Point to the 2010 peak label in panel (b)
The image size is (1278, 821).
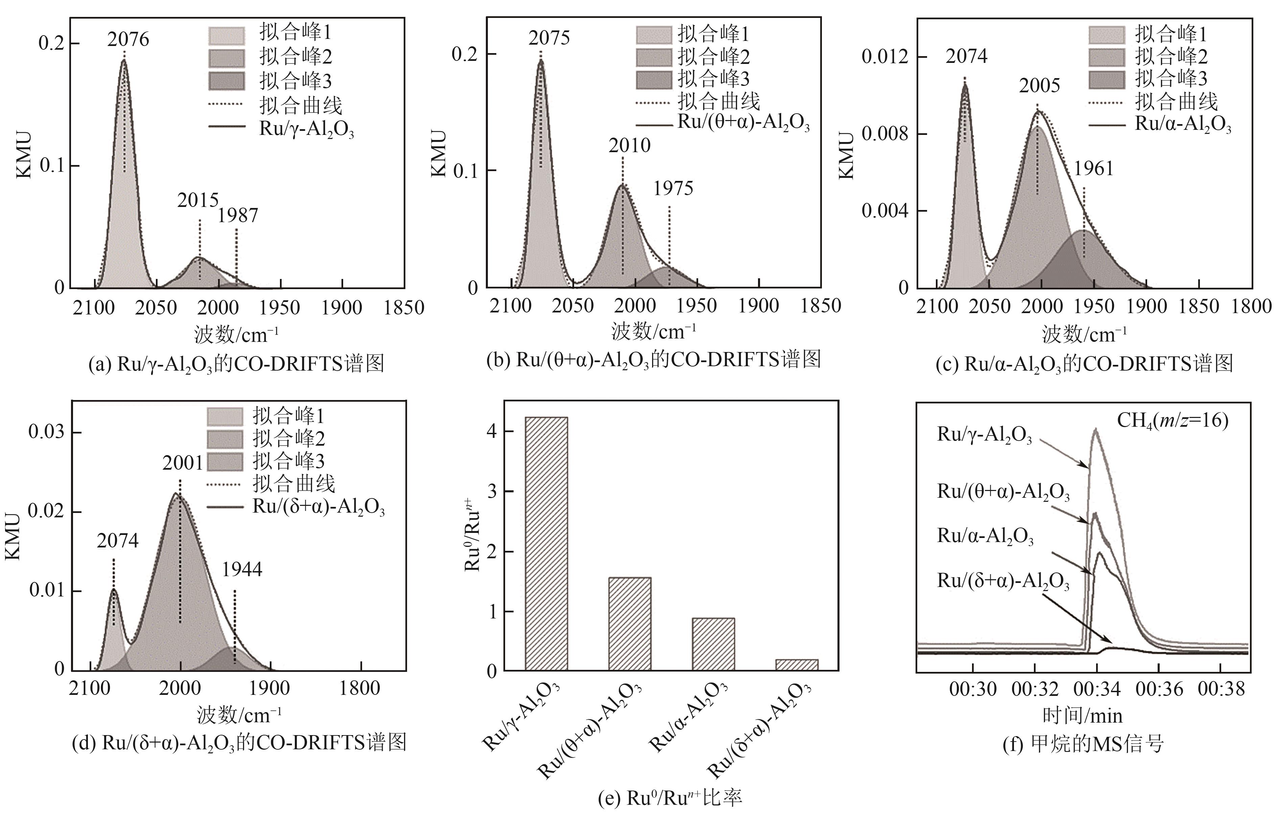pyautogui.click(x=630, y=145)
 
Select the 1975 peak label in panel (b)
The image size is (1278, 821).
pyautogui.click(x=673, y=188)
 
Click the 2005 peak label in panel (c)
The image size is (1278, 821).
pyautogui.click(x=1039, y=85)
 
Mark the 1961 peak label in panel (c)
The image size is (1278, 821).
pyautogui.click(x=1093, y=168)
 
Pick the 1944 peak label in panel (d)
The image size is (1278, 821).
pyautogui.click(x=242, y=569)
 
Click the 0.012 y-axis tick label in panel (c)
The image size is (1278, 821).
pyautogui.click(x=885, y=56)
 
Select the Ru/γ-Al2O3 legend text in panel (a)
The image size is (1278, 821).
pyautogui.click(x=306, y=129)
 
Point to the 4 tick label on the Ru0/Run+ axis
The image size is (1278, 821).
pyautogui.click(x=491, y=431)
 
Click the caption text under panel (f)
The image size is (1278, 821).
pyautogui.click(x=1083, y=743)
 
